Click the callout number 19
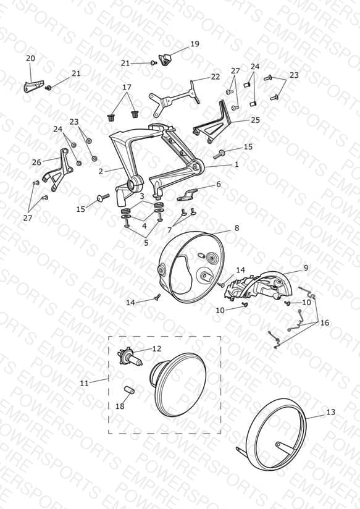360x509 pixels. (195, 44)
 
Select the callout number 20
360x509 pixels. (30, 59)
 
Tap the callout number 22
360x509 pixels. (216, 77)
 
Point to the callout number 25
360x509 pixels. (256, 120)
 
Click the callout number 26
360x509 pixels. (36, 162)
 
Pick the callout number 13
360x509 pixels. (330, 412)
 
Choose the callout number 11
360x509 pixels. (85, 383)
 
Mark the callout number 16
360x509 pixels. (325, 322)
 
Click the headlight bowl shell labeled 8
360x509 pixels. (191, 267)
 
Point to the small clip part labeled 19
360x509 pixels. (165, 59)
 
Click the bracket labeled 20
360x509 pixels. (33, 85)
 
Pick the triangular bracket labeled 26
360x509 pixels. (59, 170)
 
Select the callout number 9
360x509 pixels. (306, 268)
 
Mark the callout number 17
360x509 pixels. (127, 87)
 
